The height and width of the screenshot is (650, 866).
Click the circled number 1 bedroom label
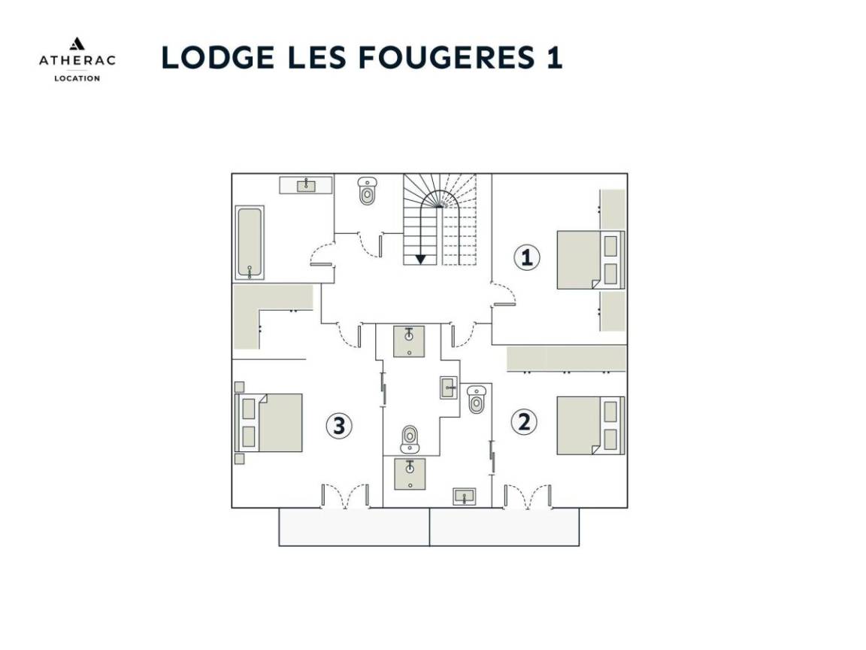pos(527,257)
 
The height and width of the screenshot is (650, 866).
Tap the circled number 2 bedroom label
pos(523,422)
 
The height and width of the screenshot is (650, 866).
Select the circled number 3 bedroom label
pos(338,426)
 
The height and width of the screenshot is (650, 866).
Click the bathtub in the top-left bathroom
pos(250,243)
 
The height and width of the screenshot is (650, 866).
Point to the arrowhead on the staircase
pos(421,259)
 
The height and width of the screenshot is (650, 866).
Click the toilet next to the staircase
pos(367,190)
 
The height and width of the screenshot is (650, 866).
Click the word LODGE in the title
pos(218,57)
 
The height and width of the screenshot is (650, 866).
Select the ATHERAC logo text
pos(77,60)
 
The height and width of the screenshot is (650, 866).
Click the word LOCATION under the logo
pos(77,78)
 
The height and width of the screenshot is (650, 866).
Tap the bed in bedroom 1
pos(590,260)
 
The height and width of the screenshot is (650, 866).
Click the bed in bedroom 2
pos(590,426)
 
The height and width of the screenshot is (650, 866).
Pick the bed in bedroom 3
pos(269,423)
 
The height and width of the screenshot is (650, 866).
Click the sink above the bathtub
pos(306,185)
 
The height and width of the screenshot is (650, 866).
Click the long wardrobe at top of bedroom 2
pos(567,359)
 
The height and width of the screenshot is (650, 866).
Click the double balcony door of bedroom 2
pos(528,497)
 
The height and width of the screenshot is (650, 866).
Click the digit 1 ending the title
pos(555,57)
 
